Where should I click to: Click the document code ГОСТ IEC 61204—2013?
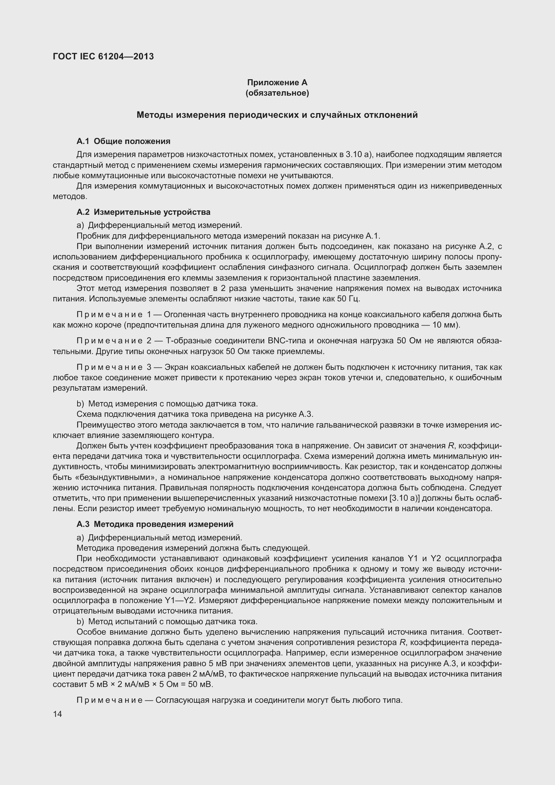(103, 56)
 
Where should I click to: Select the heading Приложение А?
(277, 83)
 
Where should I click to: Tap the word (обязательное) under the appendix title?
(277, 93)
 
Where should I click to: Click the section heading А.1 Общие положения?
(123, 141)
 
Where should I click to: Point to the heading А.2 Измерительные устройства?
(143, 212)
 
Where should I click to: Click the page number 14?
(57, 714)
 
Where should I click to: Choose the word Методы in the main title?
(154, 115)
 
